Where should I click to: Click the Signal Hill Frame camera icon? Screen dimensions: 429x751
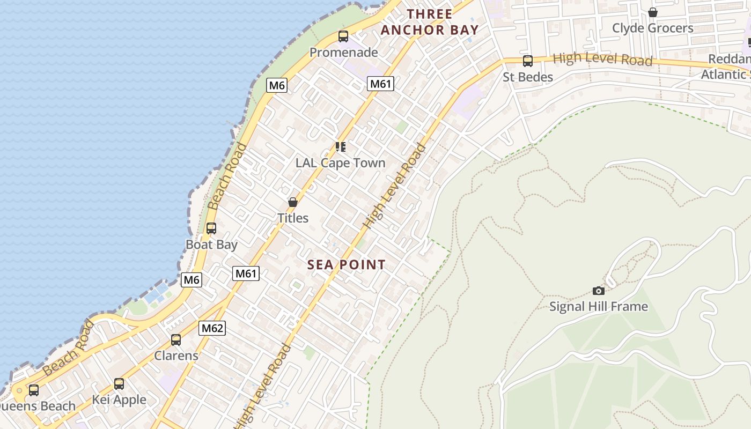pos(599,291)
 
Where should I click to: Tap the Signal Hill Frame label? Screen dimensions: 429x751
pos(599,307)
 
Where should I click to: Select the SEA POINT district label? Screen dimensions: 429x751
pos(347,264)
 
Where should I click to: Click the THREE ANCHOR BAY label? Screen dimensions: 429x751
pos(429,22)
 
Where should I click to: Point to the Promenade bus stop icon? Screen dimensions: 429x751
pos(343,36)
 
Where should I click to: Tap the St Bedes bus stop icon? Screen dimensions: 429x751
pos(528,61)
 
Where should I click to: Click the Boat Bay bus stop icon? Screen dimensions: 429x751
pos(211,228)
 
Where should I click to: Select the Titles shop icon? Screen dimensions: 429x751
pos(293,202)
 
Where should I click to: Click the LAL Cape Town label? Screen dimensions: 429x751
pos(341,163)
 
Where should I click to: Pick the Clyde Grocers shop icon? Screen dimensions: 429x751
pos(653,12)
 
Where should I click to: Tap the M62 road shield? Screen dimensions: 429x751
pos(212,328)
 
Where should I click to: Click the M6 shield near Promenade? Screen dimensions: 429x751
pos(277,85)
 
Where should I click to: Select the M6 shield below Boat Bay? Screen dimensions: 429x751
pos(192,279)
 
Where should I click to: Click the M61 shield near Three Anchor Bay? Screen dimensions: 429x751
pos(381,83)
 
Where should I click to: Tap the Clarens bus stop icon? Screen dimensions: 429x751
pos(176,339)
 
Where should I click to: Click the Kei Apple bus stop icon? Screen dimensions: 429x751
pos(119,384)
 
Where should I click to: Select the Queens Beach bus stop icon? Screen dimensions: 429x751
pos(34,390)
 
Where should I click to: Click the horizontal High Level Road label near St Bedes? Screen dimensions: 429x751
pos(602,59)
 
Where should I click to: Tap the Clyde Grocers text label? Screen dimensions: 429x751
pos(653,28)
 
